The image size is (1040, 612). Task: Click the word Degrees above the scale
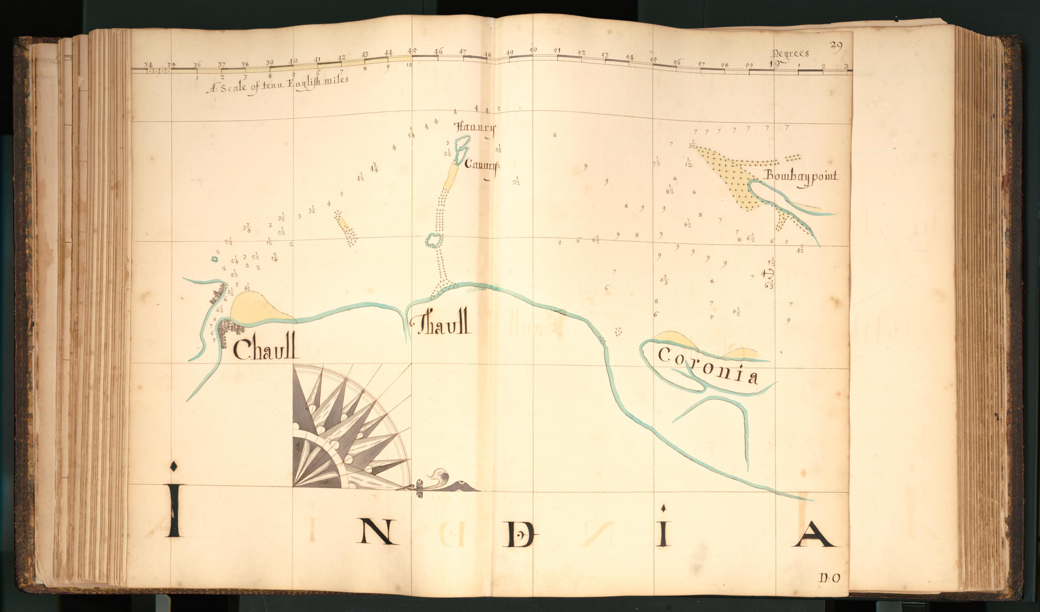(790, 54)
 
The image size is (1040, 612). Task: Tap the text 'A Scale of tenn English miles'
(277, 84)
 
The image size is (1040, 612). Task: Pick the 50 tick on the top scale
(533, 50)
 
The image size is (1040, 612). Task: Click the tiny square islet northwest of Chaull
(214, 259)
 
